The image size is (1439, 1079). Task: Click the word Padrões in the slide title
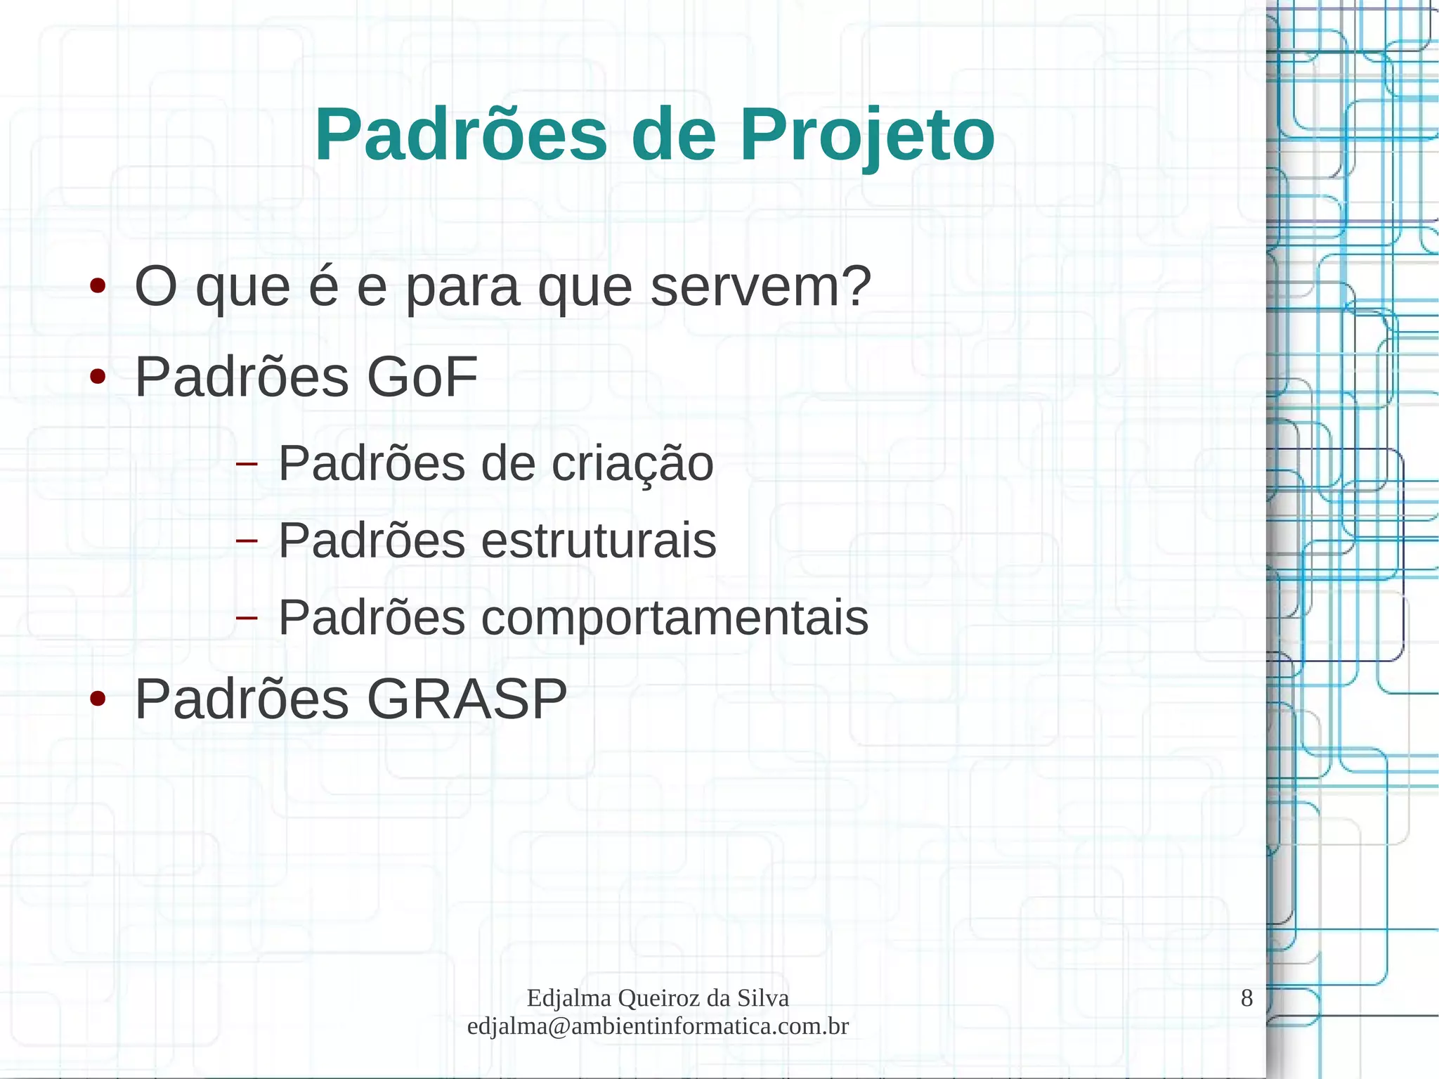[461, 135]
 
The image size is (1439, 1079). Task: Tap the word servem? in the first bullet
[760, 287]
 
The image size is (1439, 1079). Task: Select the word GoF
[422, 377]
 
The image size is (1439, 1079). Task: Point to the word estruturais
[599, 541]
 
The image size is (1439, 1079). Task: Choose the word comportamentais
[675, 618]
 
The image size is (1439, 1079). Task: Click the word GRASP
[467, 699]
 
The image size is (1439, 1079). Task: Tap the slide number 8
[1246, 998]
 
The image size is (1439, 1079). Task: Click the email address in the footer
[658, 1026]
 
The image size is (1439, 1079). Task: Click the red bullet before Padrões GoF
[98, 377]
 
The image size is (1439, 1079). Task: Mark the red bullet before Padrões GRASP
[98, 699]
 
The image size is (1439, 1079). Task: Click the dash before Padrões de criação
[247, 464]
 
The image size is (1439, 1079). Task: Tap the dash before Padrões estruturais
[247, 541]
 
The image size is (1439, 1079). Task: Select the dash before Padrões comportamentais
[247, 618]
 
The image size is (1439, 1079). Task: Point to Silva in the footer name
[763, 998]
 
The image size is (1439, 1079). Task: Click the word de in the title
[673, 135]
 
